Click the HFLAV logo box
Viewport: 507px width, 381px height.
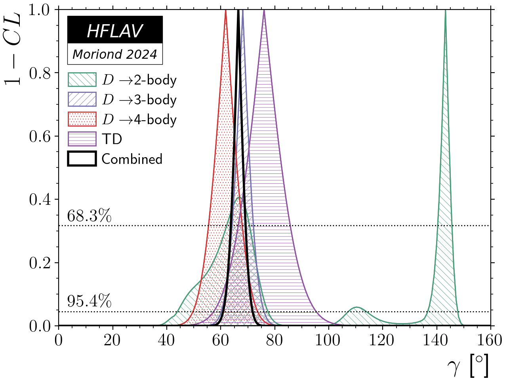click(x=115, y=30)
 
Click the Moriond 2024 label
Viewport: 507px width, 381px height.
click(x=115, y=54)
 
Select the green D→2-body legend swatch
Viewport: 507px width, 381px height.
click(x=82, y=80)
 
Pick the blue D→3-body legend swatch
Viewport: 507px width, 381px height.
click(x=82, y=100)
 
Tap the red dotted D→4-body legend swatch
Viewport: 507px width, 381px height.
click(x=82, y=119)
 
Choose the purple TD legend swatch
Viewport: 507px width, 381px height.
click(x=82, y=139)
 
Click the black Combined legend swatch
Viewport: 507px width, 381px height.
click(x=82, y=159)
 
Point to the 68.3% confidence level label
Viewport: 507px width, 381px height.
click(x=89, y=216)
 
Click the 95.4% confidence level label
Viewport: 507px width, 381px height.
click(x=89, y=302)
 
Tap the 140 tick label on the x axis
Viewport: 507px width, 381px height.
click(x=436, y=340)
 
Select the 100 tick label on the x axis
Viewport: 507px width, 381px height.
click(x=328, y=340)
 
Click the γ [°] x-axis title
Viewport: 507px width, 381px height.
click(x=470, y=366)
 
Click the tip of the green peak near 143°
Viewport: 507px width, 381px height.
click(x=446, y=11)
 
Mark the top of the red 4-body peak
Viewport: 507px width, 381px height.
click(x=226, y=11)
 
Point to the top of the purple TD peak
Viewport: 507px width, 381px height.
click(x=264, y=11)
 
